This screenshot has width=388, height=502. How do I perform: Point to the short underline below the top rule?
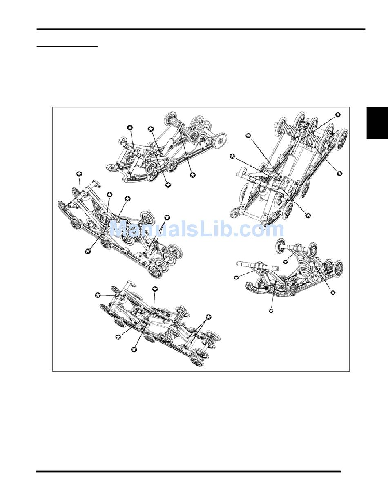[67, 47]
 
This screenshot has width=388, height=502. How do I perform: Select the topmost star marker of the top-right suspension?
[337, 115]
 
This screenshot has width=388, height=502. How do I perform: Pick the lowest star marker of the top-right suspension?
[308, 215]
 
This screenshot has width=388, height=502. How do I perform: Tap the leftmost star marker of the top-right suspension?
[232, 156]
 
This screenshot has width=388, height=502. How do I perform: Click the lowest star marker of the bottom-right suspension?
[271, 311]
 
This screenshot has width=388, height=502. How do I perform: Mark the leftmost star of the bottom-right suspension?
[236, 278]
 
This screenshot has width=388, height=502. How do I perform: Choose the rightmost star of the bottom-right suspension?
[332, 292]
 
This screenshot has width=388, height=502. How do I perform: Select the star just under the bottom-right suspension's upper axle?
[285, 261]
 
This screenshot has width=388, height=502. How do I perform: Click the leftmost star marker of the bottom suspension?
[97, 294]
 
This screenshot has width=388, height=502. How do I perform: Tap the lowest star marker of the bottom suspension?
[134, 349]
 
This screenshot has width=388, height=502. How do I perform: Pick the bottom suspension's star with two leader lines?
[208, 317]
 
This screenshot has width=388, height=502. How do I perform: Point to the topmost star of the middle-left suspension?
[79, 174]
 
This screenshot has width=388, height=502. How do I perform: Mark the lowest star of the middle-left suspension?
[88, 251]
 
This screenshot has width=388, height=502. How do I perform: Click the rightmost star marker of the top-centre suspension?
[192, 175]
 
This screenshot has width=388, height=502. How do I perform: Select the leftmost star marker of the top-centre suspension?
[130, 127]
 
